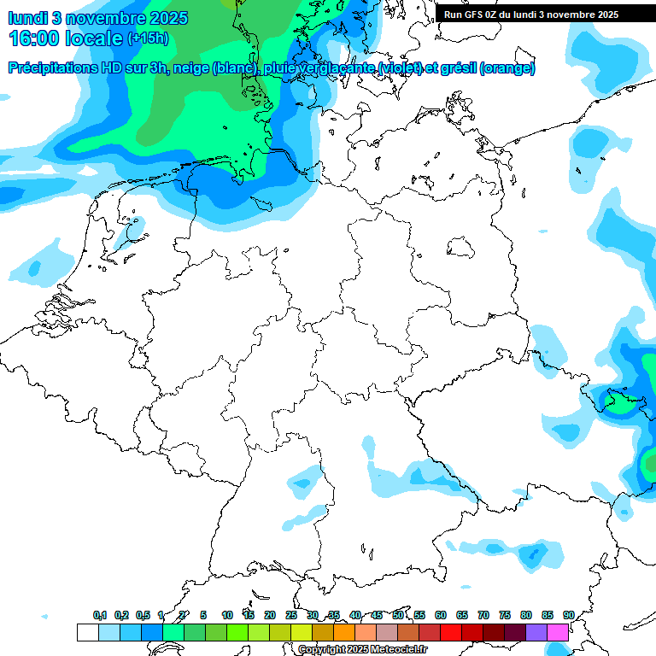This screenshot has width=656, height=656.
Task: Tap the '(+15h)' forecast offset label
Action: pos(148,38)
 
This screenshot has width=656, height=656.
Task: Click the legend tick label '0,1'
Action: pos(100,616)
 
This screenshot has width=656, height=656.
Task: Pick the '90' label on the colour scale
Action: pos(569,616)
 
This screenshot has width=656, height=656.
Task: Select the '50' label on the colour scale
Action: pos(398,616)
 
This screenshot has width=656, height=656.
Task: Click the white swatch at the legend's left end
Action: pos(87,633)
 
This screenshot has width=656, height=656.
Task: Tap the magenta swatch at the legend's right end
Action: pos(558,633)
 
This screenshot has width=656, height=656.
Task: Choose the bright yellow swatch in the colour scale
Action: pos(301,633)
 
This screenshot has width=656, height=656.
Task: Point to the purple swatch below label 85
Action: pos(536,633)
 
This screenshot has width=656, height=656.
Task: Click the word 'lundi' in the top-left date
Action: pos(27,18)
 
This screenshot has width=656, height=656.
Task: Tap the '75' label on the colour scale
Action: pos(505,616)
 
